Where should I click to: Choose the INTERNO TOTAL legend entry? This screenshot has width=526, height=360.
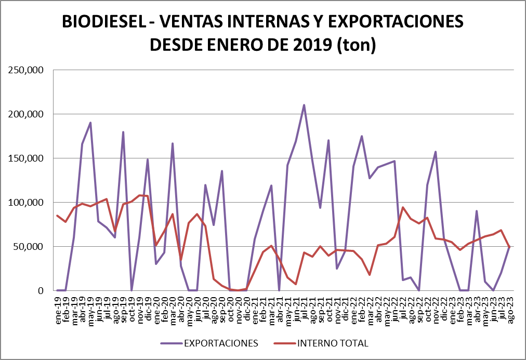[333, 343]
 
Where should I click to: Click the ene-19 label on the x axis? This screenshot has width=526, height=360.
[58, 310]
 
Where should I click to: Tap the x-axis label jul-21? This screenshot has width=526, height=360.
[304, 310]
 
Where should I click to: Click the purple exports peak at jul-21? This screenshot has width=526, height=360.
[304, 105]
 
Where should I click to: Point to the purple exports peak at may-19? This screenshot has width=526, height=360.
[90, 123]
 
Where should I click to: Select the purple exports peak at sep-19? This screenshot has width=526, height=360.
[123, 132]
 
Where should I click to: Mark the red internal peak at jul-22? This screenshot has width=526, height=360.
[403, 207]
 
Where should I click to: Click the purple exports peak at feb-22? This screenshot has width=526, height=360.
[362, 136]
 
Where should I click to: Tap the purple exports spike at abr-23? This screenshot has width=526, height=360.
[477, 211]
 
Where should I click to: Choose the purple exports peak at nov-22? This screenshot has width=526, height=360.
[436, 152]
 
